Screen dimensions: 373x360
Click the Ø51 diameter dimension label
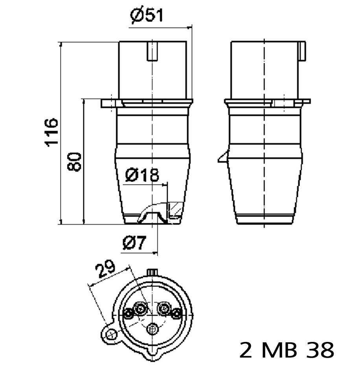coord(146,16)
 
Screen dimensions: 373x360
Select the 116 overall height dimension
coord(52,132)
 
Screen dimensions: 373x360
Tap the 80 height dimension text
coord(75,161)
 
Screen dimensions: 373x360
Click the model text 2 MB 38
coord(287,349)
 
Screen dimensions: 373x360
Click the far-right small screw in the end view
coord(176,314)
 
